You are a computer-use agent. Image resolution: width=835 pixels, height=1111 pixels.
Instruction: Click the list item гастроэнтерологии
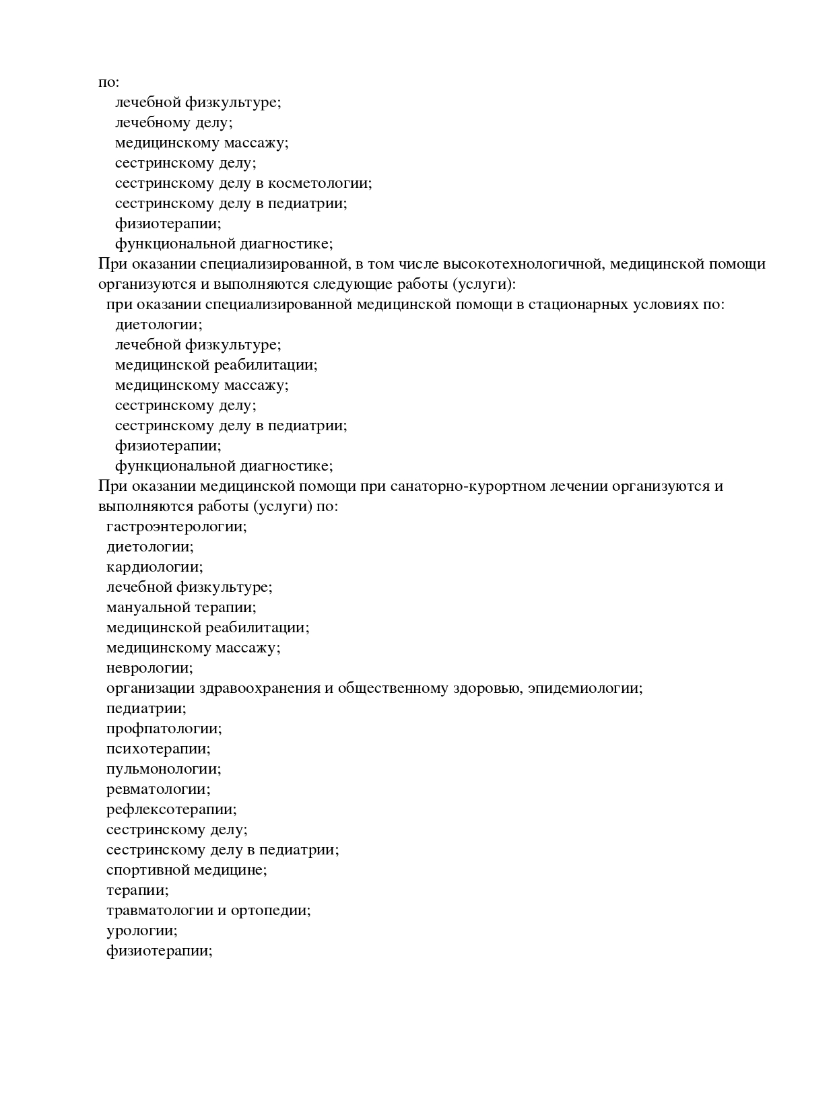[x=176, y=527]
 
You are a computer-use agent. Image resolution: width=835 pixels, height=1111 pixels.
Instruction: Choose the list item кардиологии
[x=154, y=567]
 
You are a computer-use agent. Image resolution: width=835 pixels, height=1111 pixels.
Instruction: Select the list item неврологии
[x=149, y=668]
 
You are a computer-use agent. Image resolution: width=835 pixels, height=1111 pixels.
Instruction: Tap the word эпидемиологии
[x=584, y=688]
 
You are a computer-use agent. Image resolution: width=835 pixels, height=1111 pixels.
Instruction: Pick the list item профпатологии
[x=164, y=729]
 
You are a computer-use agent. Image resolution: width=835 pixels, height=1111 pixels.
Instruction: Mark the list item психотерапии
[x=158, y=749]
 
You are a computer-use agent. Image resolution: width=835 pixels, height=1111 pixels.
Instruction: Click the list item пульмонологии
[x=164, y=769]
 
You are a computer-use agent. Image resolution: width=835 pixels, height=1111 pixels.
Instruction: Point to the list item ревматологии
[x=158, y=789]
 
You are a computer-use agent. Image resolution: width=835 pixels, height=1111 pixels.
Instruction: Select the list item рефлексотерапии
[x=171, y=809]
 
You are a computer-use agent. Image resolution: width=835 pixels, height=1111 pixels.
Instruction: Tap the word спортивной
[x=147, y=870]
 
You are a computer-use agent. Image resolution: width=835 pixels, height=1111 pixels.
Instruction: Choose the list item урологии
[x=141, y=931]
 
